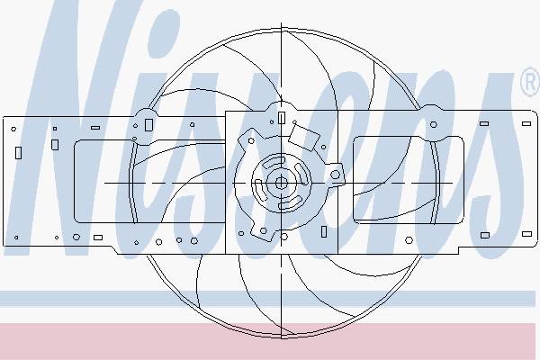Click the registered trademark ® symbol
[x=531, y=82]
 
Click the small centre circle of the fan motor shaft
[x=282, y=183]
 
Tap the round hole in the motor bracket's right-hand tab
[x=335, y=175]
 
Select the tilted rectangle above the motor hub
[x=304, y=138]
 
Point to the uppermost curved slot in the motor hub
[x=274, y=163]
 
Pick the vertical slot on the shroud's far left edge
[x=18, y=153]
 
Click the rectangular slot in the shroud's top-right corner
[x=526, y=123]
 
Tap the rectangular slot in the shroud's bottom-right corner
[x=526, y=234]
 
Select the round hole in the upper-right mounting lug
[x=434, y=124]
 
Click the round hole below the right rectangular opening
[x=409, y=240]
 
